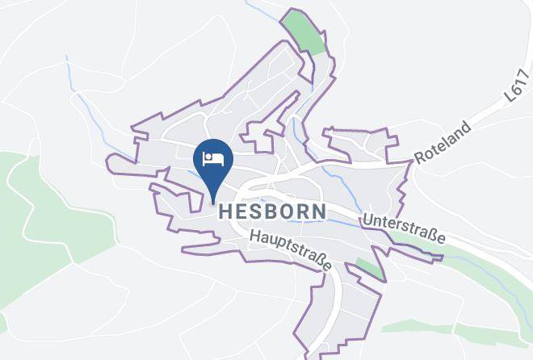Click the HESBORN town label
[272, 211]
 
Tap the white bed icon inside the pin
[213, 157]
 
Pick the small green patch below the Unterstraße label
[369, 267]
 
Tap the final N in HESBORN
[320, 211]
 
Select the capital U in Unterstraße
[368, 218]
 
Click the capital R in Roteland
[419, 157]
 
